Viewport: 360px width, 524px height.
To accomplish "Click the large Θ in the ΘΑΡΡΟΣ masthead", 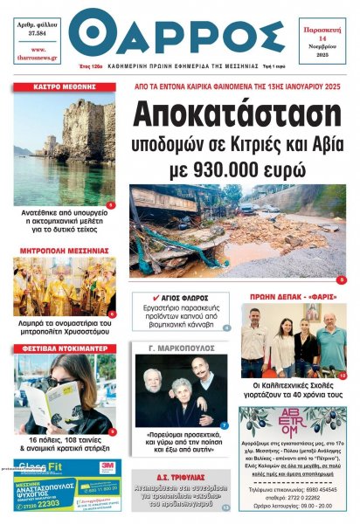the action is point(91,33).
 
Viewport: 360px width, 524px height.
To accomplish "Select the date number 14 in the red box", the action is point(321,40).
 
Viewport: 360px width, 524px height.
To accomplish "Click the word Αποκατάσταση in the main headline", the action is point(236,114).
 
